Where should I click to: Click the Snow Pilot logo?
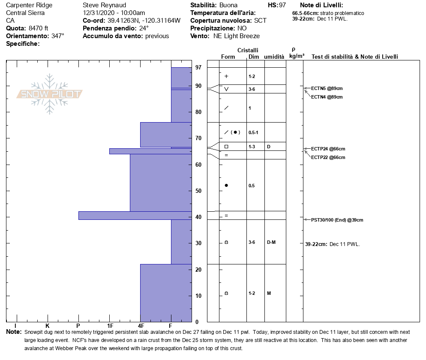tap(50, 94)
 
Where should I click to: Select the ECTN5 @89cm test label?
tap(327, 88)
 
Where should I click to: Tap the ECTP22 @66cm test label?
tap(328, 157)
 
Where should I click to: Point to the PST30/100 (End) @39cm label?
tap(337, 220)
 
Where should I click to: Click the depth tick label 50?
tap(198, 191)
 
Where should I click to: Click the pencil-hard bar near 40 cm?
tap(135, 215)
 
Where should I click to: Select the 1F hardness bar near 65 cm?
tap(150, 151)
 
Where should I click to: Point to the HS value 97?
tap(282, 5)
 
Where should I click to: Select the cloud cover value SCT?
tap(261, 21)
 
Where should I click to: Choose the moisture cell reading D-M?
tap(271, 242)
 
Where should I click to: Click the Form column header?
tap(228, 57)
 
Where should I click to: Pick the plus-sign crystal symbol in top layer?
tap(226, 76)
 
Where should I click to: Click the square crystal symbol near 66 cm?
tap(226, 147)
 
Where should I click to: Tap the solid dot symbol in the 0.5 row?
tap(226, 185)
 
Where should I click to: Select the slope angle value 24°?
tap(144, 28)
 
